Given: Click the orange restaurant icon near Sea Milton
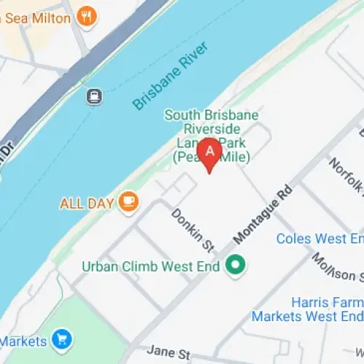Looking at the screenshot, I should tap(87, 16).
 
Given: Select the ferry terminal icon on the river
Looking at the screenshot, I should tap(94, 96).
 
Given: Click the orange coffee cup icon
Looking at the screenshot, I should tap(129, 202).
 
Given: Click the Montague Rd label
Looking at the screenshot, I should tap(264, 213).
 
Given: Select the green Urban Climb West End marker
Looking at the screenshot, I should tap(234, 266).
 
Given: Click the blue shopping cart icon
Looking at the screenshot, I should tap(61, 339).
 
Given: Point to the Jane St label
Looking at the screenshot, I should tap(169, 352).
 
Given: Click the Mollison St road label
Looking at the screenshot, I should tap(336, 266).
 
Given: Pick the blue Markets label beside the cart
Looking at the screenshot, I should tap(23, 340).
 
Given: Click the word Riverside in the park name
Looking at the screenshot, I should tap(211, 129).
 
